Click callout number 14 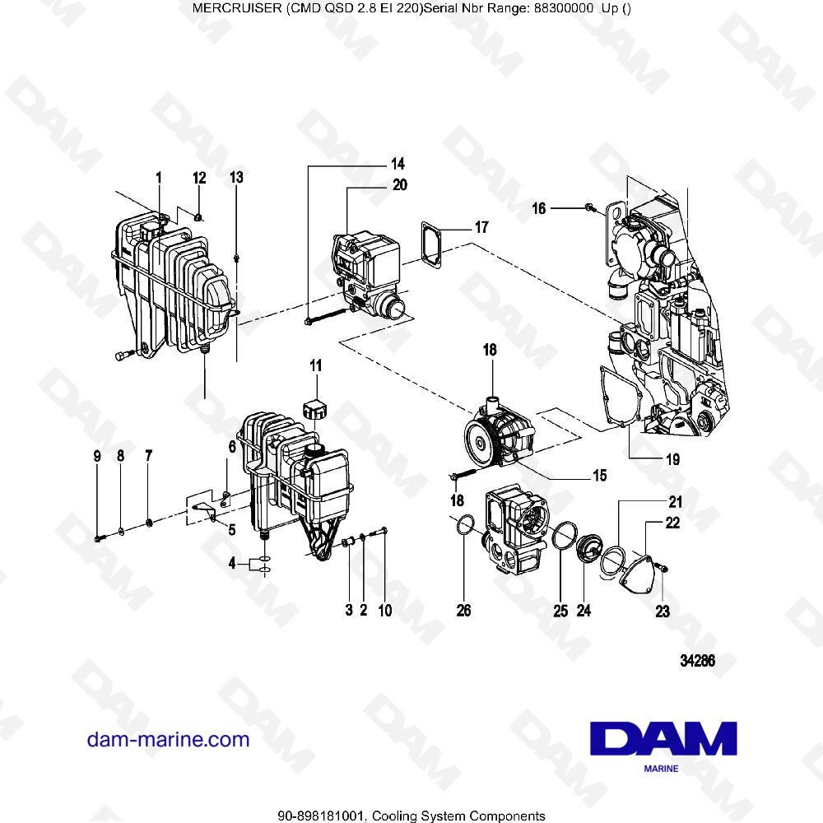[398, 163]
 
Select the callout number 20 [399, 185]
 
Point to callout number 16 [538, 209]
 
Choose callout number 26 [463, 611]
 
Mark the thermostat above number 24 [589, 550]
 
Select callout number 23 [663, 611]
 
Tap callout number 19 [672, 460]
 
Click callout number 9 [96, 455]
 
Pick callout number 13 [236, 177]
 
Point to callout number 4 [233, 565]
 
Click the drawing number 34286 [696, 660]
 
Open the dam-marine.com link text [168, 739]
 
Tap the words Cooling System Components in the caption [458, 816]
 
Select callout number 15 [599, 475]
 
